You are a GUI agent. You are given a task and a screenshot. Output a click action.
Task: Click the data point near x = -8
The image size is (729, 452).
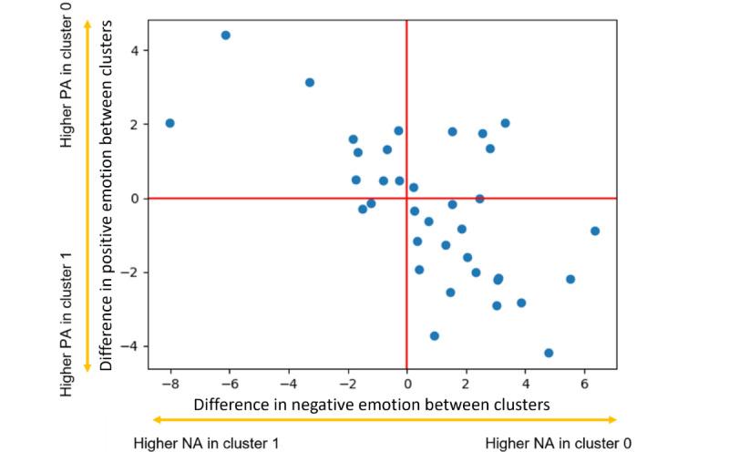point(169,123)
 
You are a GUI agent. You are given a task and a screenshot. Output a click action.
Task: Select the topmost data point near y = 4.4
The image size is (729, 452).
point(226,36)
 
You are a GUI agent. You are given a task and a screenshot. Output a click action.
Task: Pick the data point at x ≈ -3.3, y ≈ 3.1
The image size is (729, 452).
point(310,83)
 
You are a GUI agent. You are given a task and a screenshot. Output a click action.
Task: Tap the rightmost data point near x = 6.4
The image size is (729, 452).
point(595,231)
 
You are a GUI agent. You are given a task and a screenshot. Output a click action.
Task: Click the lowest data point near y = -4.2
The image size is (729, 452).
point(549,353)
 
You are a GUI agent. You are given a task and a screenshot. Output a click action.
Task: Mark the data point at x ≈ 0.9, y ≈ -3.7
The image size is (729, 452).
point(435,336)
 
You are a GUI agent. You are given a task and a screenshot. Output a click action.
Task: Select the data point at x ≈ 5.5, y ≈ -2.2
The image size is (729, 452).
point(570,279)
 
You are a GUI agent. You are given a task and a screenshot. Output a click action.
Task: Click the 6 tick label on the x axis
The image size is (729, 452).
point(584,385)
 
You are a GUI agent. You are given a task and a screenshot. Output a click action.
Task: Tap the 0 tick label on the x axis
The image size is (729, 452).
point(406,385)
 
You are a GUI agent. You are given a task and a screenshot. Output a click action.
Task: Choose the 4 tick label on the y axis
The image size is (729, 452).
point(134,51)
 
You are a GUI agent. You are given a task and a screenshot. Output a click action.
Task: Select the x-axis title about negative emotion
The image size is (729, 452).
point(372,404)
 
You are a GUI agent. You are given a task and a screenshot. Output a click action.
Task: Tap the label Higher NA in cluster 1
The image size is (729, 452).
point(206,443)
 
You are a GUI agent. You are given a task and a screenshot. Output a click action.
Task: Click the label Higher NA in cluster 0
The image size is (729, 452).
point(558,443)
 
